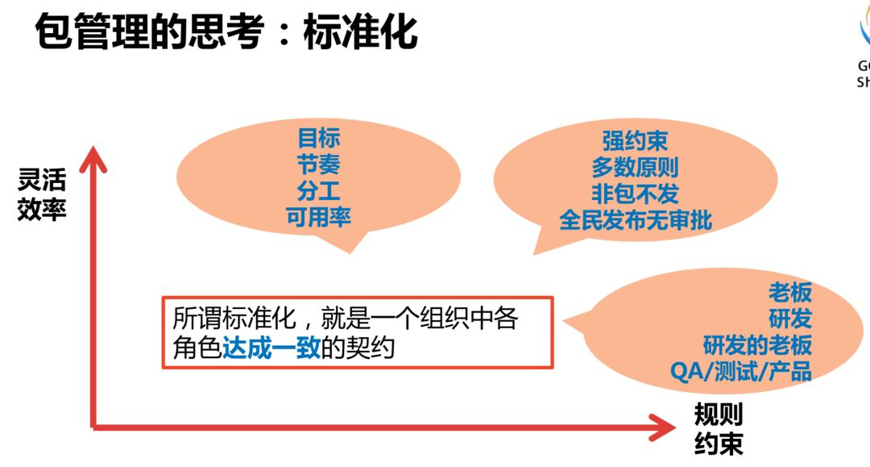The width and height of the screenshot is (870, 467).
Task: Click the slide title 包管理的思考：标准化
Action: pyautogui.click(x=226, y=31)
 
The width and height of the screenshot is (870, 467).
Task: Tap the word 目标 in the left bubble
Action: pyautogui.click(x=319, y=137)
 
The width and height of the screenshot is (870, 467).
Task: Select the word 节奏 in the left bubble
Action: pyautogui.click(x=319, y=164)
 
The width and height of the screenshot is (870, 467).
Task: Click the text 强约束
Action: pyautogui.click(x=635, y=141)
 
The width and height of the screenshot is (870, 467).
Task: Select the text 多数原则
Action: pyautogui.click(x=635, y=167)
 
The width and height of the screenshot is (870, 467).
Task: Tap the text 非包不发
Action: pyautogui.click(x=635, y=193)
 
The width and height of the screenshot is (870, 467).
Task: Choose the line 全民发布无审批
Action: pyautogui.click(x=635, y=219)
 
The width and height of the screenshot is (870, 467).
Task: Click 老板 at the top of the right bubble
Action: pyautogui.click(x=789, y=292)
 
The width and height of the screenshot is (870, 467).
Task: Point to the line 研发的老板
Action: pyautogui.click(x=757, y=345)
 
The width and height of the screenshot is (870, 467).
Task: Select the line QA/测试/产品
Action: pyautogui.click(x=740, y=371)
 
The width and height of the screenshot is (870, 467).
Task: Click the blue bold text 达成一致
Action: pyautogui.click(x=271, y=348)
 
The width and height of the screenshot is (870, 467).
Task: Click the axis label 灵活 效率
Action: pyautogui.click(x=42, y=195)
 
